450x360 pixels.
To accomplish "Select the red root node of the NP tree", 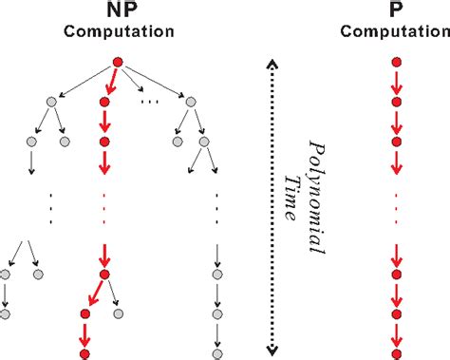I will pyautogui.click(x=118, y=63).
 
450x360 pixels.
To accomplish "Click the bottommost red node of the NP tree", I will pyautogui.click(x=84, y=353).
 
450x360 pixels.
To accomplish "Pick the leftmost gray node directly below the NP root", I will pyautogui.click(x=48, y=101).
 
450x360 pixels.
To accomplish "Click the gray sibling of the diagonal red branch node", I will pyautogui.click(x=119, y=313).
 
